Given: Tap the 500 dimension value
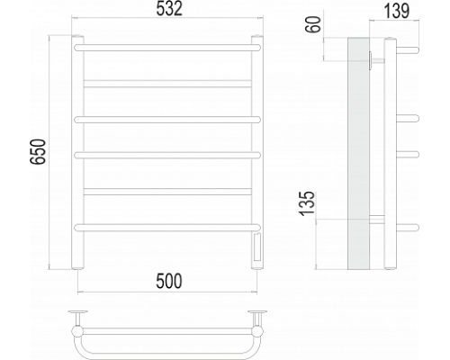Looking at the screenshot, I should tap(168, 281).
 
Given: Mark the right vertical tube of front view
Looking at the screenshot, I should tap(258, 135).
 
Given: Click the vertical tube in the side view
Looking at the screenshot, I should tap(389, 153).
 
